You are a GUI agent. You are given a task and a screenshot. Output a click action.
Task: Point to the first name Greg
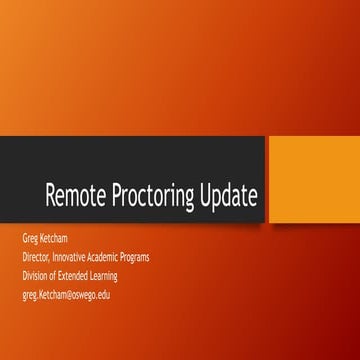click(30, 239)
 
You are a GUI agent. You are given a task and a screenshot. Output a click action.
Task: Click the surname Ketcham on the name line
click(59, 239)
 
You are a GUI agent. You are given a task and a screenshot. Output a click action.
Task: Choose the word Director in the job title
click(38, 257)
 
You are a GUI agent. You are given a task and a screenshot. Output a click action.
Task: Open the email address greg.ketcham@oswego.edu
click(66, 295)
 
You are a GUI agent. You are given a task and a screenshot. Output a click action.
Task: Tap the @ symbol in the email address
click(66, 295)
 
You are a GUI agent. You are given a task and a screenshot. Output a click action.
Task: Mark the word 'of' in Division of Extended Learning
click(54, 276)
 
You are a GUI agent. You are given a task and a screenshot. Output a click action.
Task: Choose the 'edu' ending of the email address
click(103, 295)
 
